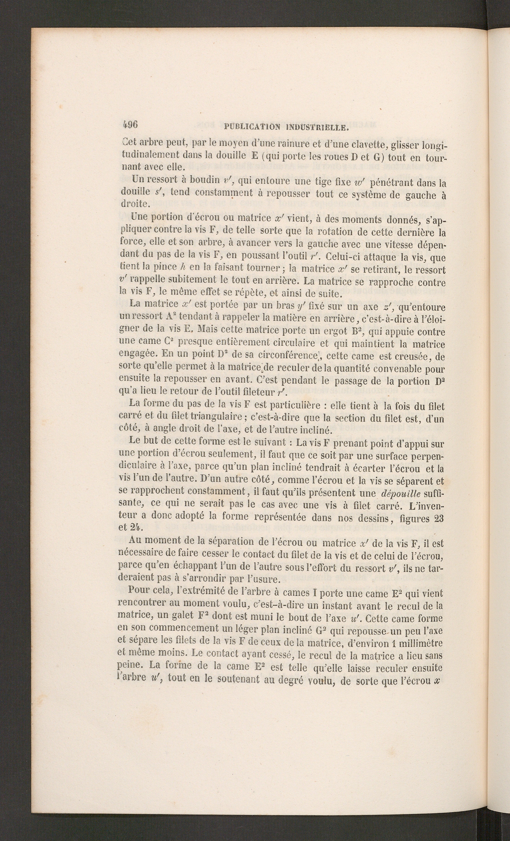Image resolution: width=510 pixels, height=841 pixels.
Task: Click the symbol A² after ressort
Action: [171, 316]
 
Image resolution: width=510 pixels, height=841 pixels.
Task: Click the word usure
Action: [266, 580]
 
